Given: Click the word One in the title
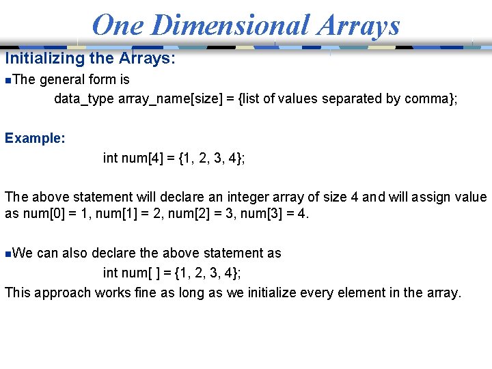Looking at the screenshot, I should pos(119,25).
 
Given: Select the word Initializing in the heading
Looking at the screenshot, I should pos(44,59).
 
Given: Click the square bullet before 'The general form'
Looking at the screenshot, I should pos(7,80).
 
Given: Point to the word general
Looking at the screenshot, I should pos(63,79).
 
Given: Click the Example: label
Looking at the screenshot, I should pos(36,138).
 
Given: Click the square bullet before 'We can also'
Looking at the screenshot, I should pos(7,254).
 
